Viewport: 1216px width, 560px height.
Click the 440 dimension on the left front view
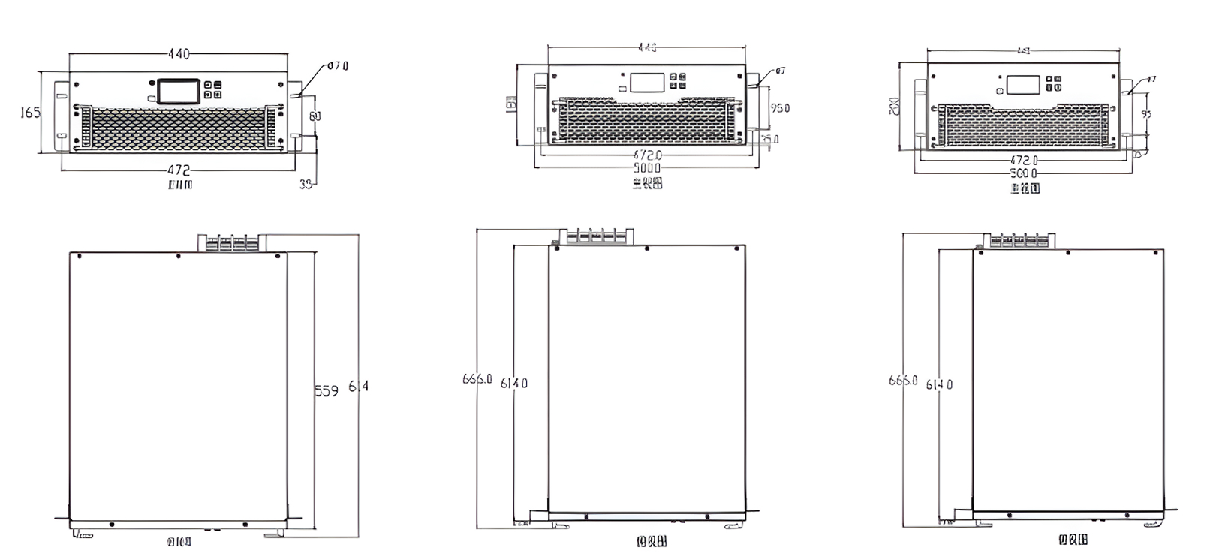pyautogui.click(x=178, y=54)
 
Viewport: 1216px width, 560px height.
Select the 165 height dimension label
pyautogui.click(x=29, y=113)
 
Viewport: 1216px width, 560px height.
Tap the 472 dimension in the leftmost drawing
pyautogui.click(x=178, y=170)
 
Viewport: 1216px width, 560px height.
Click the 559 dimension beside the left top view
pyautogui.click(x=326, y=390)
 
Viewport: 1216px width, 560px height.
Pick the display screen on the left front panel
pyautogui.click(x=177, y=90)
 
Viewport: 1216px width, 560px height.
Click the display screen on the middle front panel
pyautogui.click(x=645, y=82)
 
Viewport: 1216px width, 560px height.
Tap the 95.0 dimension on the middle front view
pyautogui.click(x=780, y=108)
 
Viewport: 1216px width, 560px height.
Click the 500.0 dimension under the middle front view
pyautogui.click(x=647, y=167)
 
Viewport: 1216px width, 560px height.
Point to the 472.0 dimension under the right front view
pyautogui.click(x=1024, y=160)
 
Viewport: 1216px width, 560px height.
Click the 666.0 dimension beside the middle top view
pyautogui.click(x=477, y=379)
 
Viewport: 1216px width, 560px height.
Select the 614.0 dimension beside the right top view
pyautogui.click(x=940, y=384)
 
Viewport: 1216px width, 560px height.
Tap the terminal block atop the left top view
pyautogui.click(x=231, y=242)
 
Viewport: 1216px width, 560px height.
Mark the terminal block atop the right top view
pyautogui.click(x=1020, y=240)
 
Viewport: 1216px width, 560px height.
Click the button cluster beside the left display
pyautogui.click(x=212, y=89)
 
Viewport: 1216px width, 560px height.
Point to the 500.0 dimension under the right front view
pyautogui.click(x=1024, y=173)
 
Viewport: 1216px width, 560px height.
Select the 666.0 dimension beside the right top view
pyautogui.click(x=903, y=381)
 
